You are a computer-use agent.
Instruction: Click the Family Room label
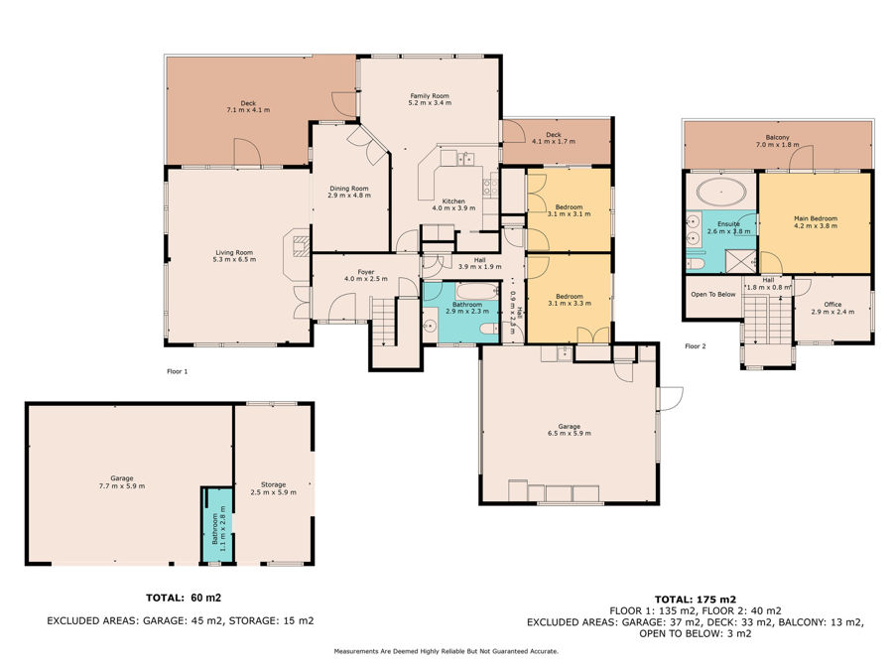430,95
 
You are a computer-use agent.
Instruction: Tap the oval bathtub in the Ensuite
721,192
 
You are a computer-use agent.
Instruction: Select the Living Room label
234,252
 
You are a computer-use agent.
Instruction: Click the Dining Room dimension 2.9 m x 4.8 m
349,196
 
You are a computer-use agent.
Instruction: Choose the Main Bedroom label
816,218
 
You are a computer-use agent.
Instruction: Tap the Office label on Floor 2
832,305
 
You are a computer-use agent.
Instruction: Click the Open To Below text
713,295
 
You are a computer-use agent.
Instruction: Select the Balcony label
777,137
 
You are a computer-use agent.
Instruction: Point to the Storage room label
274,484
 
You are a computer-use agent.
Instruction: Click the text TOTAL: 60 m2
184,598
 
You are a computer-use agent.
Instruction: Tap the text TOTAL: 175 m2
696,600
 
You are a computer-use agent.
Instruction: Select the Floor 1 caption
178,371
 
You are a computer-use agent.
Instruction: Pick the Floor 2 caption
696,346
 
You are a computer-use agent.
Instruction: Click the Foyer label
365,272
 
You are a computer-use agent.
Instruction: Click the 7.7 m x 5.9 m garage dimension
122,486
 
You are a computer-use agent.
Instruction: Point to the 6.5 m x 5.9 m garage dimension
569,434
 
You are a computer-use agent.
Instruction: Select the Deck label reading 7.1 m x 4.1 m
248,110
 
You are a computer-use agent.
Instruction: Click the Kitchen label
453,201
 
